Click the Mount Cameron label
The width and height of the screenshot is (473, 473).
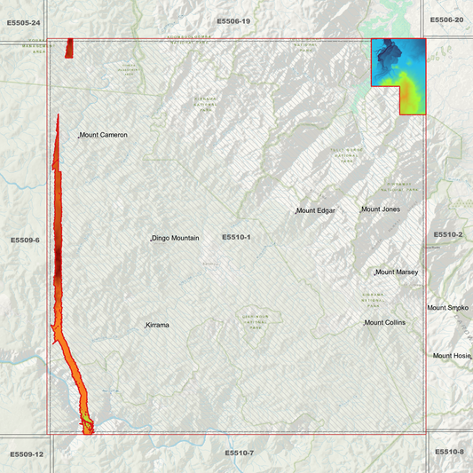pos(104,135)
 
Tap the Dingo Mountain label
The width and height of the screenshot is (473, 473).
pos(175,239)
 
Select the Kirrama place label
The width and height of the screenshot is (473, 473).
pos(158,326)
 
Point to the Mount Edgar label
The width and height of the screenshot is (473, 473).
pos(316,210)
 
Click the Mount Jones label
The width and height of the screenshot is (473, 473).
pos(380,209)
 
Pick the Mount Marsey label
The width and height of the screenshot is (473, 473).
pos(397,272)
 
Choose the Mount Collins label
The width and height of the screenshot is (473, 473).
pos(385,322)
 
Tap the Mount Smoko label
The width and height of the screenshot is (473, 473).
pos(447,308)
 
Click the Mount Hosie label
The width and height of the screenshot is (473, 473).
pos(452,356)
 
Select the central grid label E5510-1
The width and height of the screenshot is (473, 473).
pos(236,238)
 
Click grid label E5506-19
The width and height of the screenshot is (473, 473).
pos(233,20)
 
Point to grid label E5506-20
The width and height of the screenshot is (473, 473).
pos(446,20)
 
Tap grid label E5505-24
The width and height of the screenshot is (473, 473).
pos(23,20)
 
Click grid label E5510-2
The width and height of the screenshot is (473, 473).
pos(448,234)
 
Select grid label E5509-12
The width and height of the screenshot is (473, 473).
pos(27,454)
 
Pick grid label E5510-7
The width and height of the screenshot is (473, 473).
pos(239,453)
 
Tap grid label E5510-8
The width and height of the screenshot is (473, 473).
pos(449,452)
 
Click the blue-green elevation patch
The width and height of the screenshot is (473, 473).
pos(398,71)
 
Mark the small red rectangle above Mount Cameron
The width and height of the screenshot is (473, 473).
pos(69,48)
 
